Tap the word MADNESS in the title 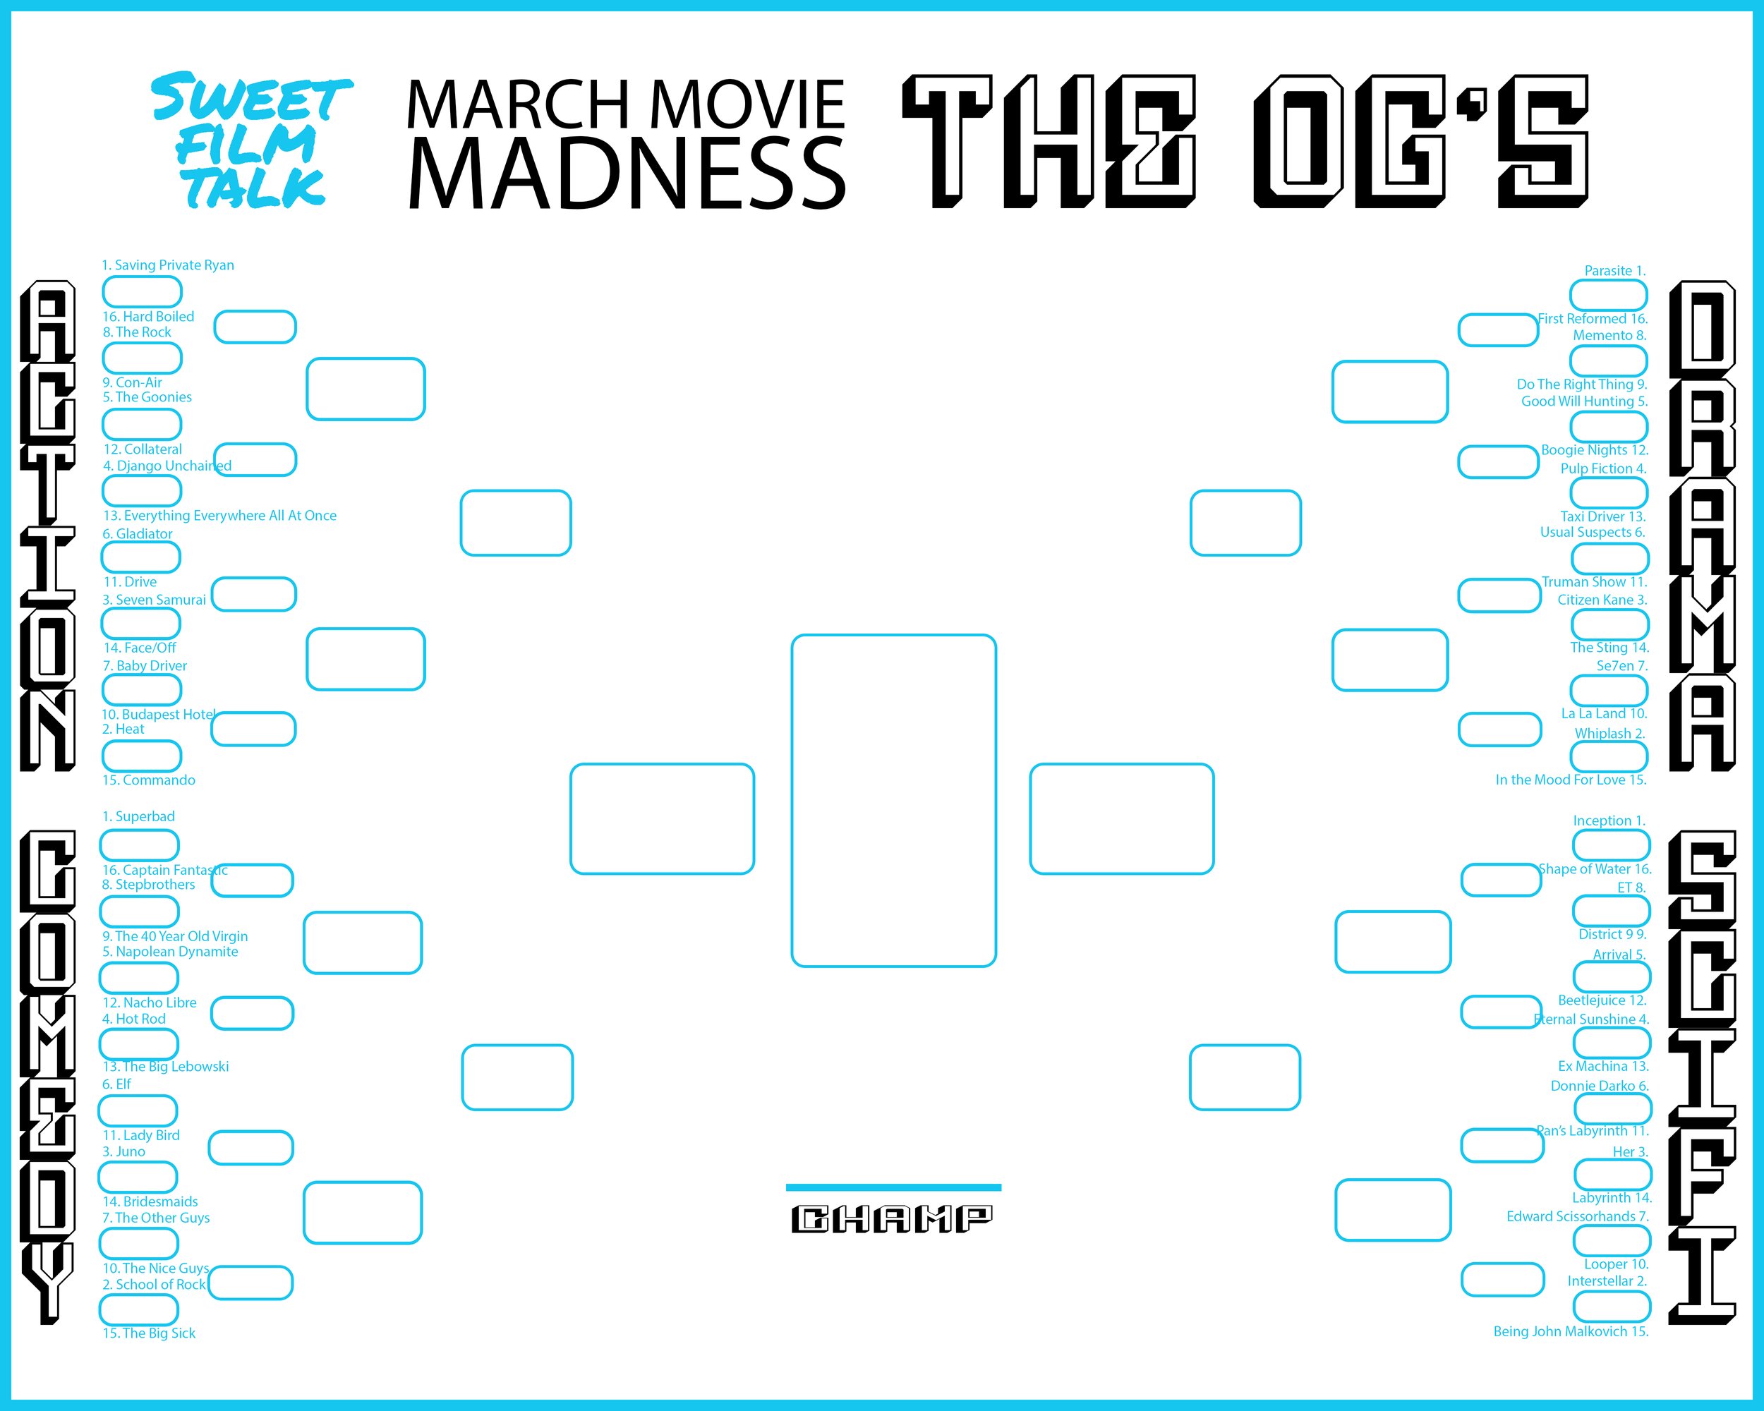coord(626,174)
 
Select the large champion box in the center coord(893,800)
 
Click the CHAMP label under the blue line coord(892,1219)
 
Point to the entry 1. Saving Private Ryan coord(168,265)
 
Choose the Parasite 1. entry coord(1614,271)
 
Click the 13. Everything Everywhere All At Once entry coord(219,515)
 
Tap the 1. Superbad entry coord(138,816)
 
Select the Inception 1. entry coord(1609,820)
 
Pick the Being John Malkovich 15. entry coord(1570,1332)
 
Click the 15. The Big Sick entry coord(149,1333)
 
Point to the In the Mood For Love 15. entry coord(1570,780)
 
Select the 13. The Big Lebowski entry coord(165,1067)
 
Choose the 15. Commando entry coord(149,780)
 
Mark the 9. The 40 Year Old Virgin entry coord(175,937)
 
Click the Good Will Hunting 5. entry coord(1584,401)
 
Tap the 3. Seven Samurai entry coord(154,600)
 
